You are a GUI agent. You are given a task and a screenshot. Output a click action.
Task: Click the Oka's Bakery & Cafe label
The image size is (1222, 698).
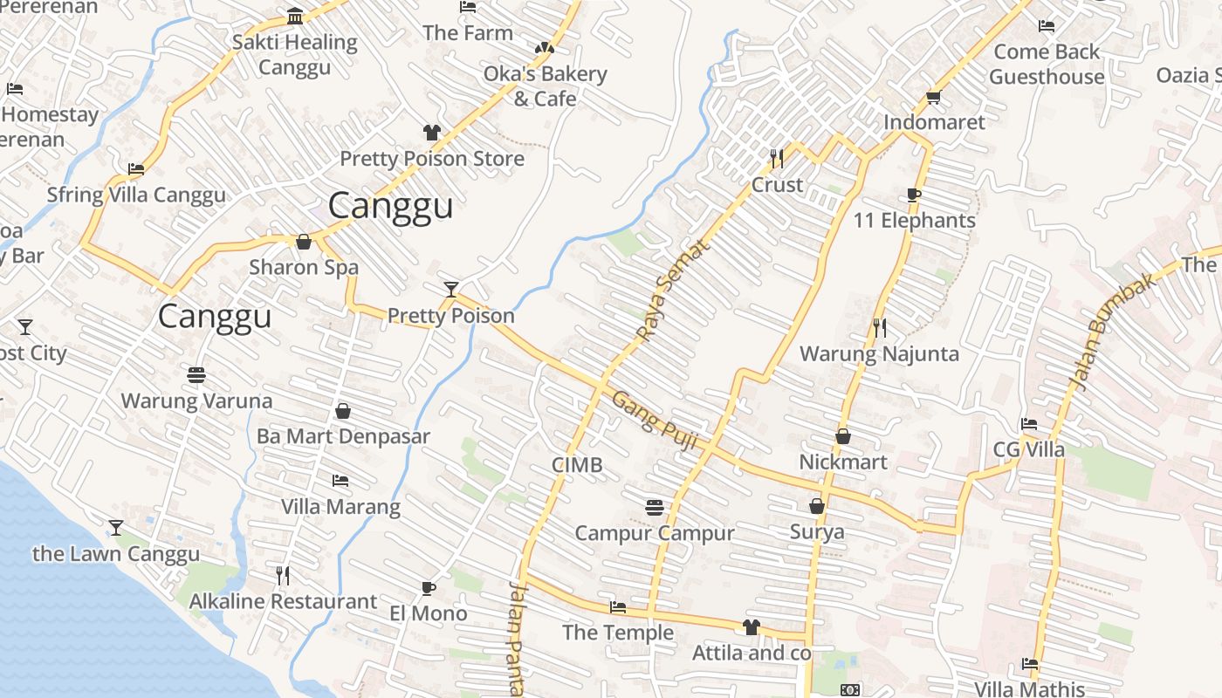point(545,86)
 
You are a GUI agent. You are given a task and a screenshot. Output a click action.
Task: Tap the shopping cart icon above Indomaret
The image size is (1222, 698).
point(933,98)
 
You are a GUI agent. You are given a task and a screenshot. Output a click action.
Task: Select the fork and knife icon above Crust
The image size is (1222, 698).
point(776,158)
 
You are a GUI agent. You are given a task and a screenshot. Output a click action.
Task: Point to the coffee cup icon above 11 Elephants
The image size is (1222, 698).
point(914,195)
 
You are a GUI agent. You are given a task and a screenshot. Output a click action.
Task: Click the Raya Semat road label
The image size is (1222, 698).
point(672,290)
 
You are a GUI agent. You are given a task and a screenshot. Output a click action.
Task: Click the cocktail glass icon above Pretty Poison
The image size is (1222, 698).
point(450,289)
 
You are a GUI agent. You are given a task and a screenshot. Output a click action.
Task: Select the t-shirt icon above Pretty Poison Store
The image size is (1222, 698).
point(432,133)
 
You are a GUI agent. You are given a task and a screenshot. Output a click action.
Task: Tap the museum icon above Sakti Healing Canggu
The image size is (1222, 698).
point(295,17)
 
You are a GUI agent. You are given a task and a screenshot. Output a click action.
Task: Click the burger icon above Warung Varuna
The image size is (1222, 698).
point(196,375)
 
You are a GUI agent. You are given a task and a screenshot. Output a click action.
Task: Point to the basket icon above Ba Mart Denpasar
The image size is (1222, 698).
point(343,410)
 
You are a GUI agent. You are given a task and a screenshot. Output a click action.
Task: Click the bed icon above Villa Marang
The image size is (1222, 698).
point(340,481)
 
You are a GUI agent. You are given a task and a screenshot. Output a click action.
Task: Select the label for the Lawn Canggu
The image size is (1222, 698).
point(116,554)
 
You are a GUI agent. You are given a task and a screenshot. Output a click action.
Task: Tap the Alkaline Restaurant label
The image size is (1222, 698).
point(283,601)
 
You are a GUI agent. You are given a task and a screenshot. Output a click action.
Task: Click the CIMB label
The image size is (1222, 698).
point(577,465)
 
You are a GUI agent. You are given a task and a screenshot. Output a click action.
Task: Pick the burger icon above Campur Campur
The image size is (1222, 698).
point(655,507)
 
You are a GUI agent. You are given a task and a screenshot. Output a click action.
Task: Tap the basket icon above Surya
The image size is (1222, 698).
point(817,506)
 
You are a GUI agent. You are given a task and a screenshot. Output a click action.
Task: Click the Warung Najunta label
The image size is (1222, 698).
point(879,353)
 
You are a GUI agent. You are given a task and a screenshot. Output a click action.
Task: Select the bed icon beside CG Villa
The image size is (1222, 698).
point(1029,424)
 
